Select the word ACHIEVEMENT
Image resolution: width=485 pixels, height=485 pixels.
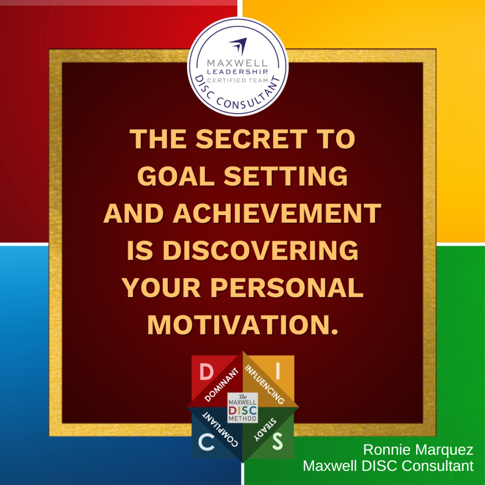pyautogui.click(x=277, y=213)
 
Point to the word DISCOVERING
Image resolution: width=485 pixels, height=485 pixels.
pyautogui.click(x=261, y=250)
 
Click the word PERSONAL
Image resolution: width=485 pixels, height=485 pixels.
pyautogui.click(x=287, y=287)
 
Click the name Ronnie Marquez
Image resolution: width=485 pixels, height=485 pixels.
pyautogui.click(x=418, y=449)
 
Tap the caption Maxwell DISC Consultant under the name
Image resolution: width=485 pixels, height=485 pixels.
pyautogui.click(x=388, y=466)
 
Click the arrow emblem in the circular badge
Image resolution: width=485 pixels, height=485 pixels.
pyautogui.click(x=239, y=46)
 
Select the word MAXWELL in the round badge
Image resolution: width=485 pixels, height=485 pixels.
pyautogui.click(x=237, y=63)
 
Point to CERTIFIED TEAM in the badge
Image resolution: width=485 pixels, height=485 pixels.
pyautogui.click(x=237, y=81)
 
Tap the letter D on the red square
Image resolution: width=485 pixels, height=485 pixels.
pyautogui.click(x=206, y=371)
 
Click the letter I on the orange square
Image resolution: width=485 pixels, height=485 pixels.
pyautogui.click(x=278, y=371)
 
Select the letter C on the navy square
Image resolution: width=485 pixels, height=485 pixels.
pyautogui.click(x=206, y=442)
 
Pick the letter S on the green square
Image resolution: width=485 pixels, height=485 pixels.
pyautogui.click(x=278, y=441)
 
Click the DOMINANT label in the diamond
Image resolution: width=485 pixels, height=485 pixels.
pyautogui.click(x=222, y=385)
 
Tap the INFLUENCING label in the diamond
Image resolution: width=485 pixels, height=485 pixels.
pyautogui.click(x=264, y=385)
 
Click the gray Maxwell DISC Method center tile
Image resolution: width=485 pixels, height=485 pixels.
pyautogui.click(x=242, y=408)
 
